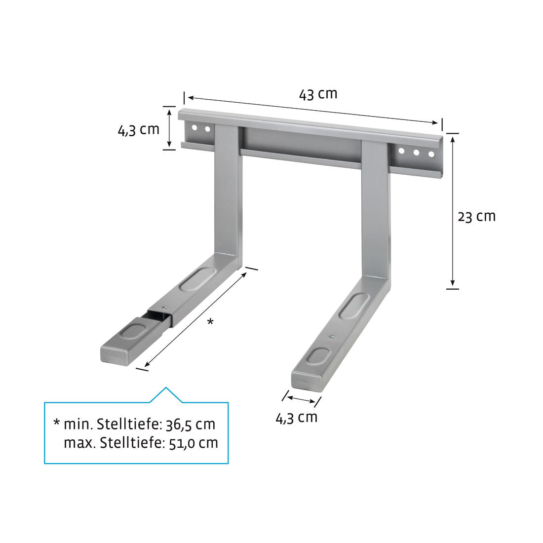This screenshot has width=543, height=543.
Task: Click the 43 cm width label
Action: (x=318, y=93)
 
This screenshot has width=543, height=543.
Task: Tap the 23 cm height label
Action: (x=476, y=216)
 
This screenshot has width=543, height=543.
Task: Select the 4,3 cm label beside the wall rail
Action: (x=138, y=130)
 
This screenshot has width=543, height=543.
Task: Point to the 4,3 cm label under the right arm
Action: (x=296, y=418)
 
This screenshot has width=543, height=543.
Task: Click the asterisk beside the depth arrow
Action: (x=210, y=322)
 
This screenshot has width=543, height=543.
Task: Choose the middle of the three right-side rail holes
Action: (x=416, y=153)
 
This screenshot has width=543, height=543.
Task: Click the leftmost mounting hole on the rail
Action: (x=194, y=128)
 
